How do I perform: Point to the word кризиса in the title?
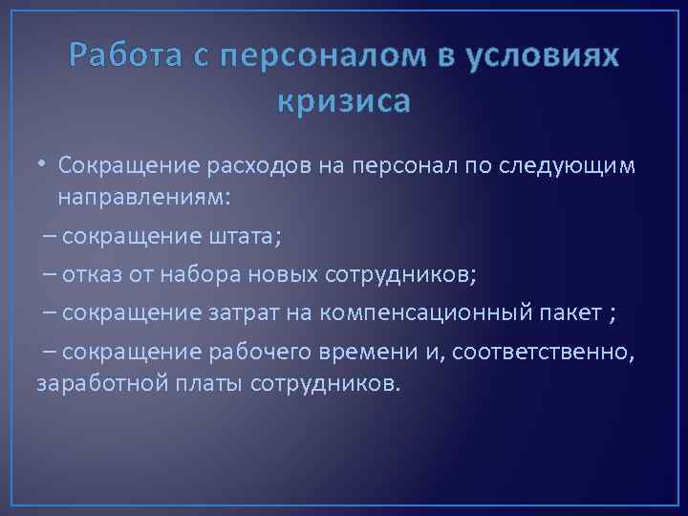coord(344,99)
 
